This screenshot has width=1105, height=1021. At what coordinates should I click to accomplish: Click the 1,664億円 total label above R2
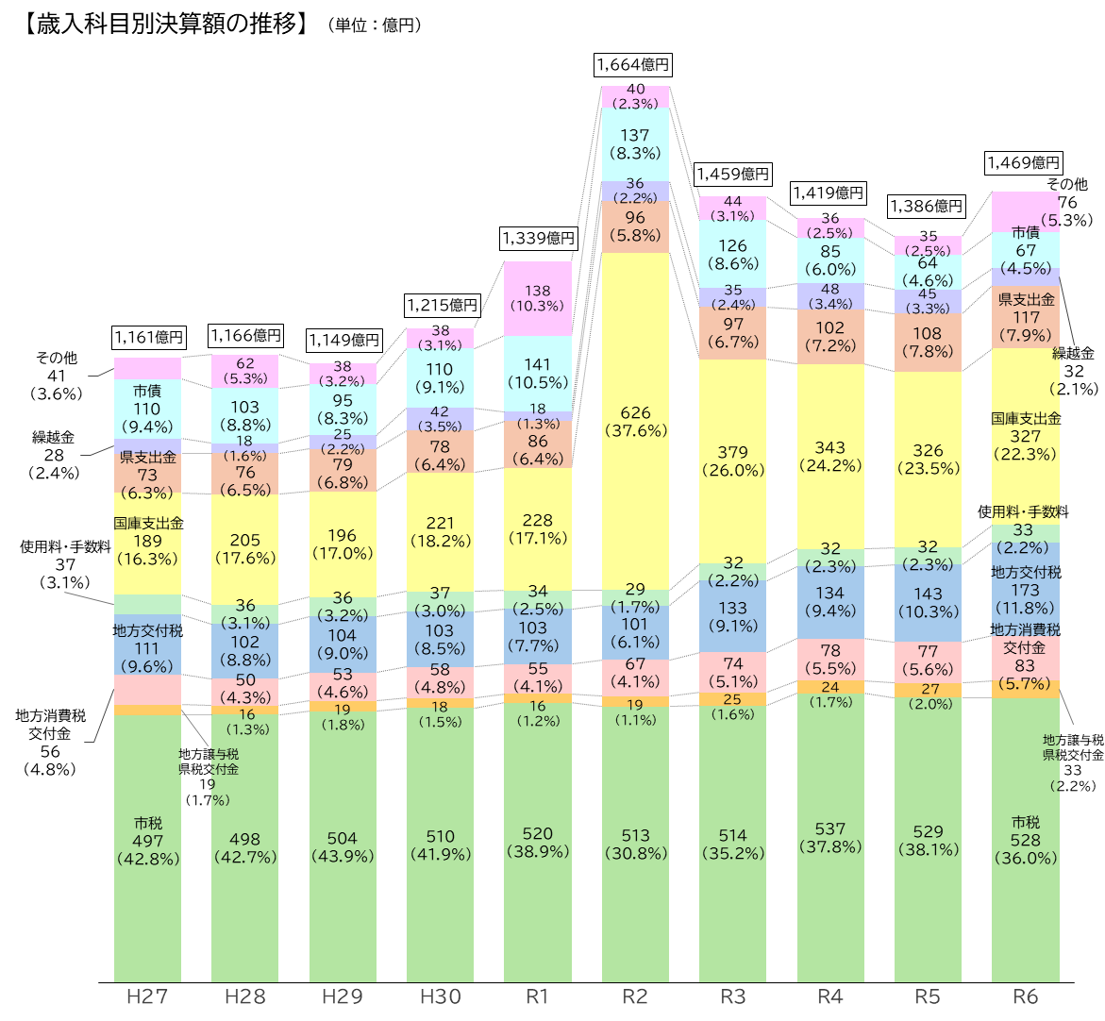[x=633, y=65]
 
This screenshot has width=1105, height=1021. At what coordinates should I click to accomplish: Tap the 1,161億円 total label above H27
[x=148, y=337]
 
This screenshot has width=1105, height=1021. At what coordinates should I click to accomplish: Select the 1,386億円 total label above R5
[x=927, y=205]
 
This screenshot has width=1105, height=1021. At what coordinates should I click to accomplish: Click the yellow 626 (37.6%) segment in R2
[x=635, y=422]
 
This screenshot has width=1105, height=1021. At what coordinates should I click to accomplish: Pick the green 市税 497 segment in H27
[x=148, y=840]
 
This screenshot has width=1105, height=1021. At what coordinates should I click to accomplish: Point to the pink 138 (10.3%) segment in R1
[x=538, y=298]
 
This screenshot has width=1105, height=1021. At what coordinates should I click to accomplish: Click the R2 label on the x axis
[x=635, y=997]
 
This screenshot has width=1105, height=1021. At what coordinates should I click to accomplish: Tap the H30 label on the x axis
[x=440, y=997]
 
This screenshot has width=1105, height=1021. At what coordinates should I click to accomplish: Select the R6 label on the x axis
[x=1025, y=997]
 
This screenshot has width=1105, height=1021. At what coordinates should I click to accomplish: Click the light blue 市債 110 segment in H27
[x=148, y=409]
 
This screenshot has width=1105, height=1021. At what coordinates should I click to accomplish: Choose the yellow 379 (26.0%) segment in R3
[x=732, y=460]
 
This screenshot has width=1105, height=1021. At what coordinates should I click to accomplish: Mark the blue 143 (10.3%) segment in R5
[x=928, y=603]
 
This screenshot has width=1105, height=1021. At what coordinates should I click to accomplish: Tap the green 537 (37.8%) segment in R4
[x=830, y=838]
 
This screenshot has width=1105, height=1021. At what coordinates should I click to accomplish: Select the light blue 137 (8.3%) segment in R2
[x=635, y=143]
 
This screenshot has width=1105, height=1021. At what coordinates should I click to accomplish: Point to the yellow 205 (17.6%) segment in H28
[x=245, y=548]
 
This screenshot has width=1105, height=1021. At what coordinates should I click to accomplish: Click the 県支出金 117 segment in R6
[x=1025, y=318]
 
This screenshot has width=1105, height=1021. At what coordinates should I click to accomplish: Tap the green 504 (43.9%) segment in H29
[x=343, y=846]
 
